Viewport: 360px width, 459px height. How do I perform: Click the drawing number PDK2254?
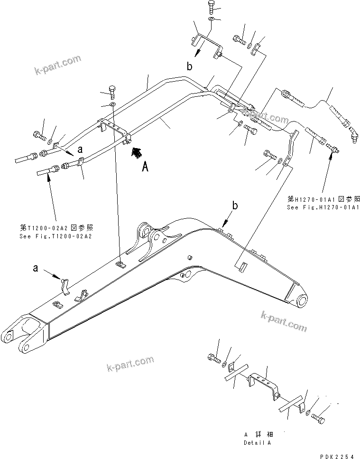[336, 456]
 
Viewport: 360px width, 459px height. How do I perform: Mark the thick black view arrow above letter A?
[137, 152]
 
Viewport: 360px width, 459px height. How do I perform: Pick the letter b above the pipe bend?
[189, 67]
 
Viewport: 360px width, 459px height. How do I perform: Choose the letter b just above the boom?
[234, 205]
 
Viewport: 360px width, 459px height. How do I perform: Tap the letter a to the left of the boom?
[36, 269]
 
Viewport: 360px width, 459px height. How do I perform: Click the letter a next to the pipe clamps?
[80, 149]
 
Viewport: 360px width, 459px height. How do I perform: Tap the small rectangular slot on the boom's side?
[241, 267]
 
